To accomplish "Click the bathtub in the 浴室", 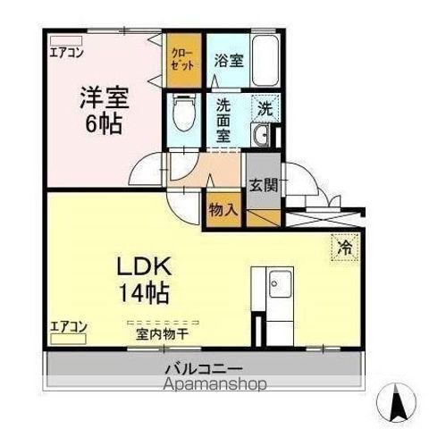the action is pyautogui.click(x=265, y=61).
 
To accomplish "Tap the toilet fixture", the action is pyautogui.click(x=184, y=114).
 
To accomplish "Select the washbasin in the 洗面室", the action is pyautogui.click(x=260, y=135).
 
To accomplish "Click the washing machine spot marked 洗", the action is pyautogui.click(x=265, y=108).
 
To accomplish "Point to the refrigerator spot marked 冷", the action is pyautogui.click(x=345, y=247).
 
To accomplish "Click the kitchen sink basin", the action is pyautogui.click(x=280, y=284).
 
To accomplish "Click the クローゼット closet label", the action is pyautogui.click(x=182, y=60).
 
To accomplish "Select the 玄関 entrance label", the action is pyautogui.click(x=264, y=185).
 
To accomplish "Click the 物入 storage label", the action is pyautogui.click(x=223, y=211).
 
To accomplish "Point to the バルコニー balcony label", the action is pyautogui.click(x=204, y=369).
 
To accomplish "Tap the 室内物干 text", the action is pyautogui.click(x=162, y=334).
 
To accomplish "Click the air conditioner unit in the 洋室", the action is pyautogui.click(x=66, y=41).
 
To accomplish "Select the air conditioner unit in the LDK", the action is pyautogui.click(x=68, y=339).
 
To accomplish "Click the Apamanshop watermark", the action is pyautogui.click(x=215, y=384).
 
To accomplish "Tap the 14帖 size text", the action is pyautogui.click(x=145, y=293).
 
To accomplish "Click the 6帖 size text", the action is pyautogui.click(x=104, y=124).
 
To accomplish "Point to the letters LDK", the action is pyautogui.click(x=144, y=266).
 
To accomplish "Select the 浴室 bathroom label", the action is pyautogui.click(x=230, y=61).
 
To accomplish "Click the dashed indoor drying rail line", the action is pyautogui.click(x=163, y=323).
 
